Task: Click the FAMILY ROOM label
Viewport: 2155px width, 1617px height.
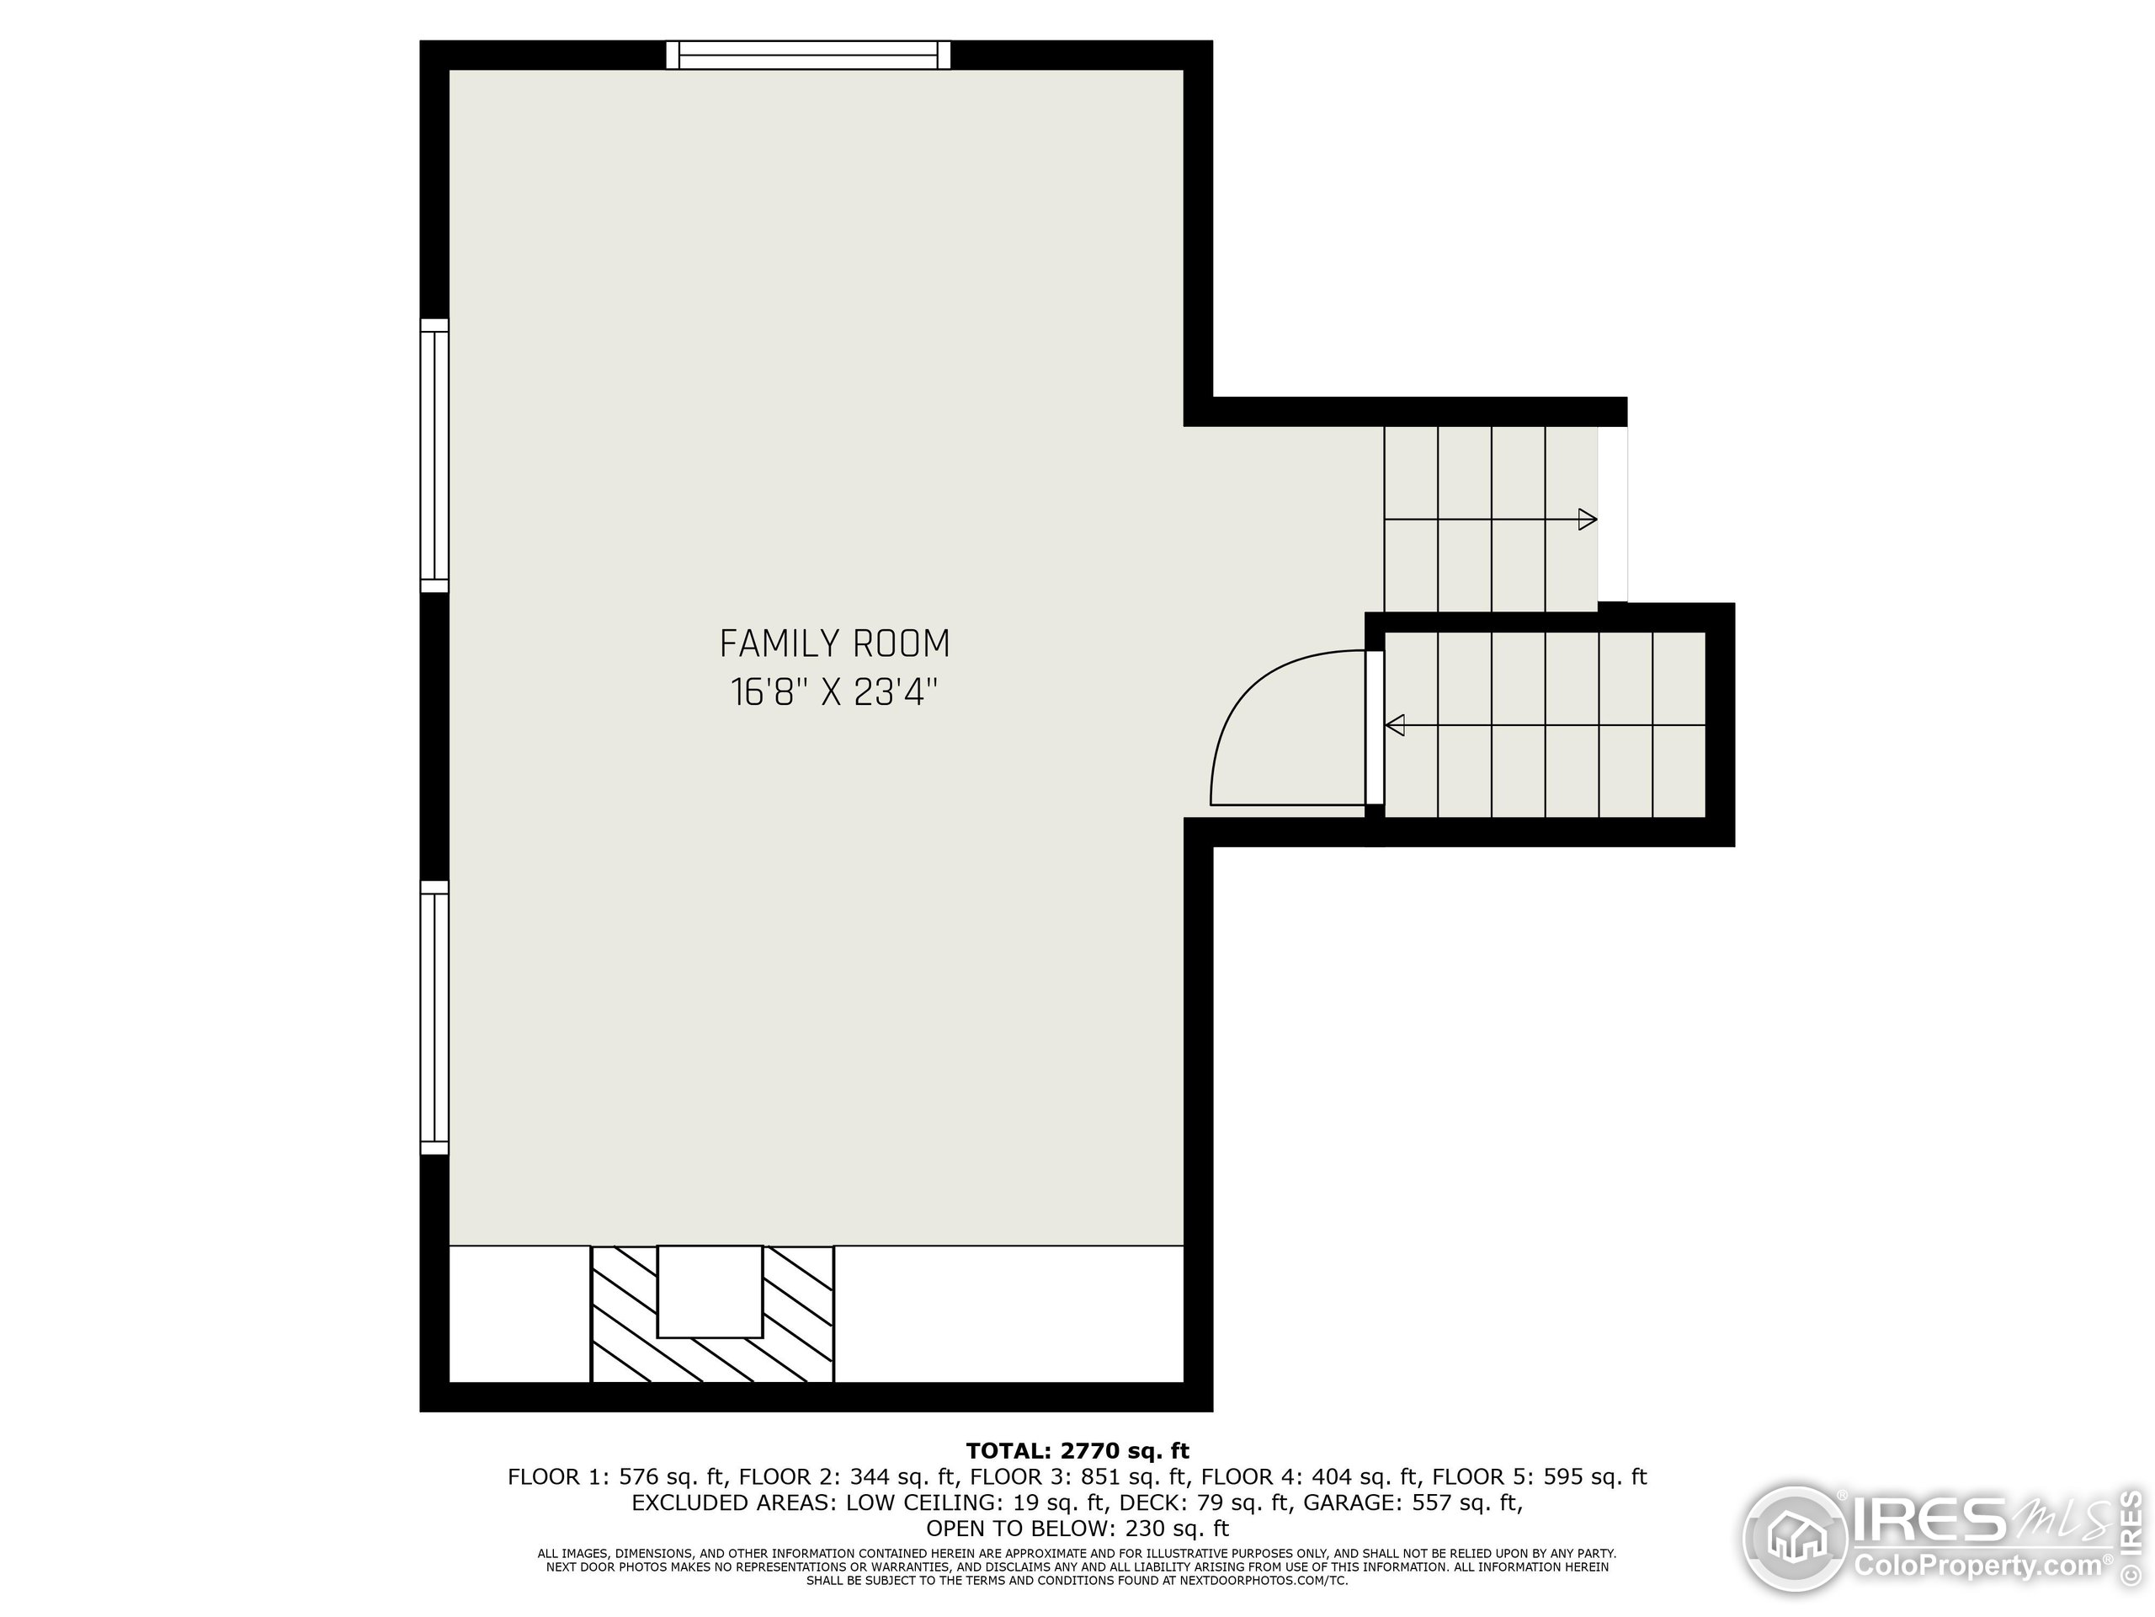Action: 834,644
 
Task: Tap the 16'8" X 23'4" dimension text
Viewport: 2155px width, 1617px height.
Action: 834,693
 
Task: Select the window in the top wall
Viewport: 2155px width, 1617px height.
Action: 807,55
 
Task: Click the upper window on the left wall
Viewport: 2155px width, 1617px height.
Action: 434,455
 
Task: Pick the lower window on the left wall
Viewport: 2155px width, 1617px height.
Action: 434,1017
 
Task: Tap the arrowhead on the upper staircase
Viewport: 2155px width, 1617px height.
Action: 1587,520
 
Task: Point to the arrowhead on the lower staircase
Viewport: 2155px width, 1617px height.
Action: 1395,725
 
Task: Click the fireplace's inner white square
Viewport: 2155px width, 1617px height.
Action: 710,1291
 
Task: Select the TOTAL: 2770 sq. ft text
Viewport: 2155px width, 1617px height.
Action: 1077,1451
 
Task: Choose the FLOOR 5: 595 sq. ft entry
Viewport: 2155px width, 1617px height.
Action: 1540,1476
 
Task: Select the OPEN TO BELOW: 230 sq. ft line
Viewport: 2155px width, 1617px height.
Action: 1077,1529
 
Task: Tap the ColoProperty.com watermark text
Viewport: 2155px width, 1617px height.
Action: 1977,1567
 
